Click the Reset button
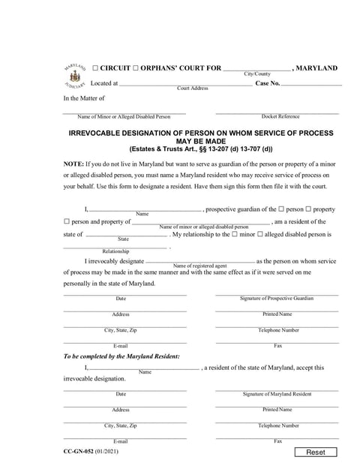321,452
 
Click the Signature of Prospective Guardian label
276,299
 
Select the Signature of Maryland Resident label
276,394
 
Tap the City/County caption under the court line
256,74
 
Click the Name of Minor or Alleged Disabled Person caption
124,117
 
